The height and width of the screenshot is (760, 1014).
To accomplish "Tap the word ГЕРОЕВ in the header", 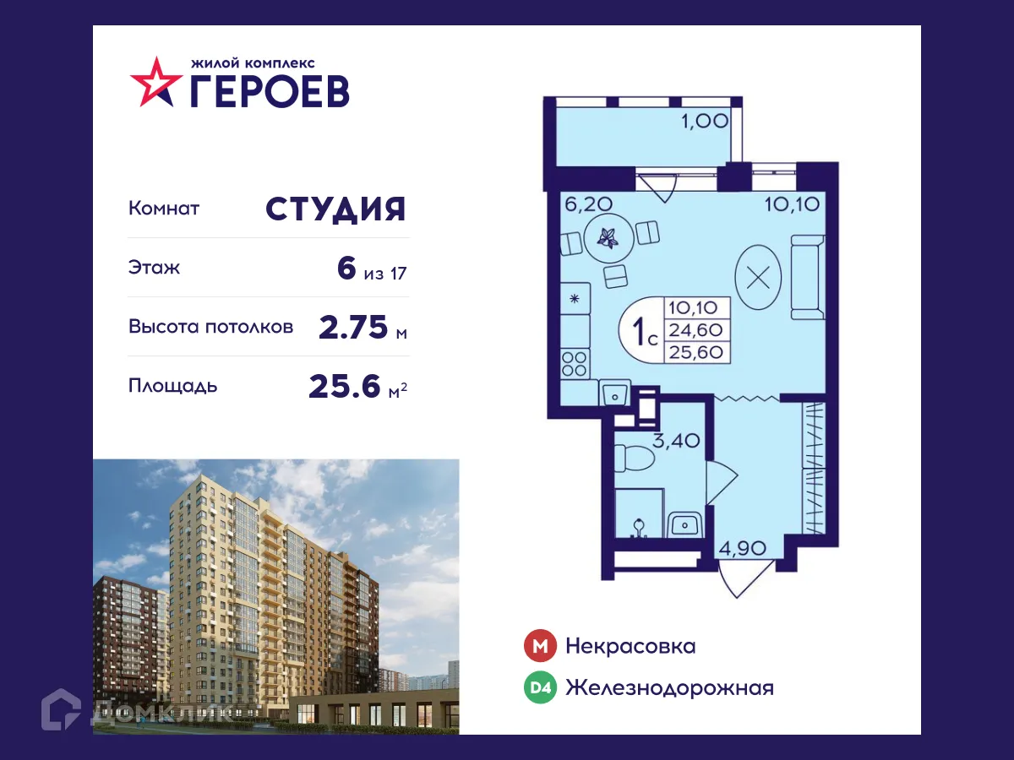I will (x=269, y=91).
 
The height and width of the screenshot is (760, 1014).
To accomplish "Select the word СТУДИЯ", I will (x=336, y=209).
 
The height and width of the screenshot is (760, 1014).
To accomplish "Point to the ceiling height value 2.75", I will (x=354, y=327).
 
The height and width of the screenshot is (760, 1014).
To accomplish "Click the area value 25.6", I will (x=346, y=386).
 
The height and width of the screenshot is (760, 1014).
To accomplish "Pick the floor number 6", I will (x=346, y=269).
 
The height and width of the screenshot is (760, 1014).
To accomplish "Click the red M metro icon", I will (x=539, y=647).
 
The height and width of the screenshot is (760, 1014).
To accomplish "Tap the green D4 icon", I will (x=539, y=688).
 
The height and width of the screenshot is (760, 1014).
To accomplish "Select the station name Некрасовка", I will (x=630, y=647).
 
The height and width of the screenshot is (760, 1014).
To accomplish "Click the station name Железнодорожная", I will (x=669, y=688).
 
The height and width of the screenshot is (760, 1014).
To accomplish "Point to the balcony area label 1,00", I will (x=705, y=120).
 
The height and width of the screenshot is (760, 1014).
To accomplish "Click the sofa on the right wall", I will (x=806, y=277).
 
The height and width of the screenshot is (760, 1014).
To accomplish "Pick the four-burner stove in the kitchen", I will (x=575, y=364).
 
